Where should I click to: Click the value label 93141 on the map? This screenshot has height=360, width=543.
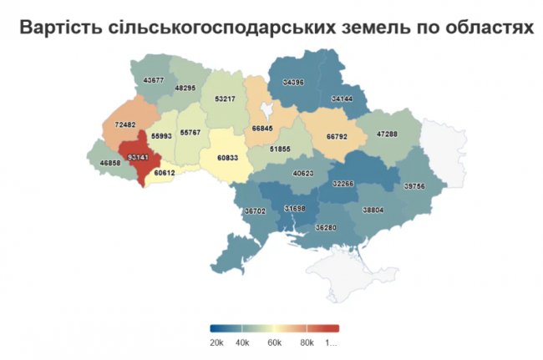133,155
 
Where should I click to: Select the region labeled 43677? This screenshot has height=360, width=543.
154,80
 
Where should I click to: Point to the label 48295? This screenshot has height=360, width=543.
185,88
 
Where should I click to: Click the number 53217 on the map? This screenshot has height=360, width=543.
225,99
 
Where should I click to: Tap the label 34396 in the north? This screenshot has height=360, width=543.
294,83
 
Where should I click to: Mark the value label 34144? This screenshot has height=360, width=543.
342,99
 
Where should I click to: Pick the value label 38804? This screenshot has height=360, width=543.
373,211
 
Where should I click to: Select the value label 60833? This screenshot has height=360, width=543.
230,156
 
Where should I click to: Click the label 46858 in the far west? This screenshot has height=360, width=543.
112,164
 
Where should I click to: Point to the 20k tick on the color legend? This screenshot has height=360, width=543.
216,342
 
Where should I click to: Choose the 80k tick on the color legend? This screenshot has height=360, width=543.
307,342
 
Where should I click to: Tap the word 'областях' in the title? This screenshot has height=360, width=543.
487,28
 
